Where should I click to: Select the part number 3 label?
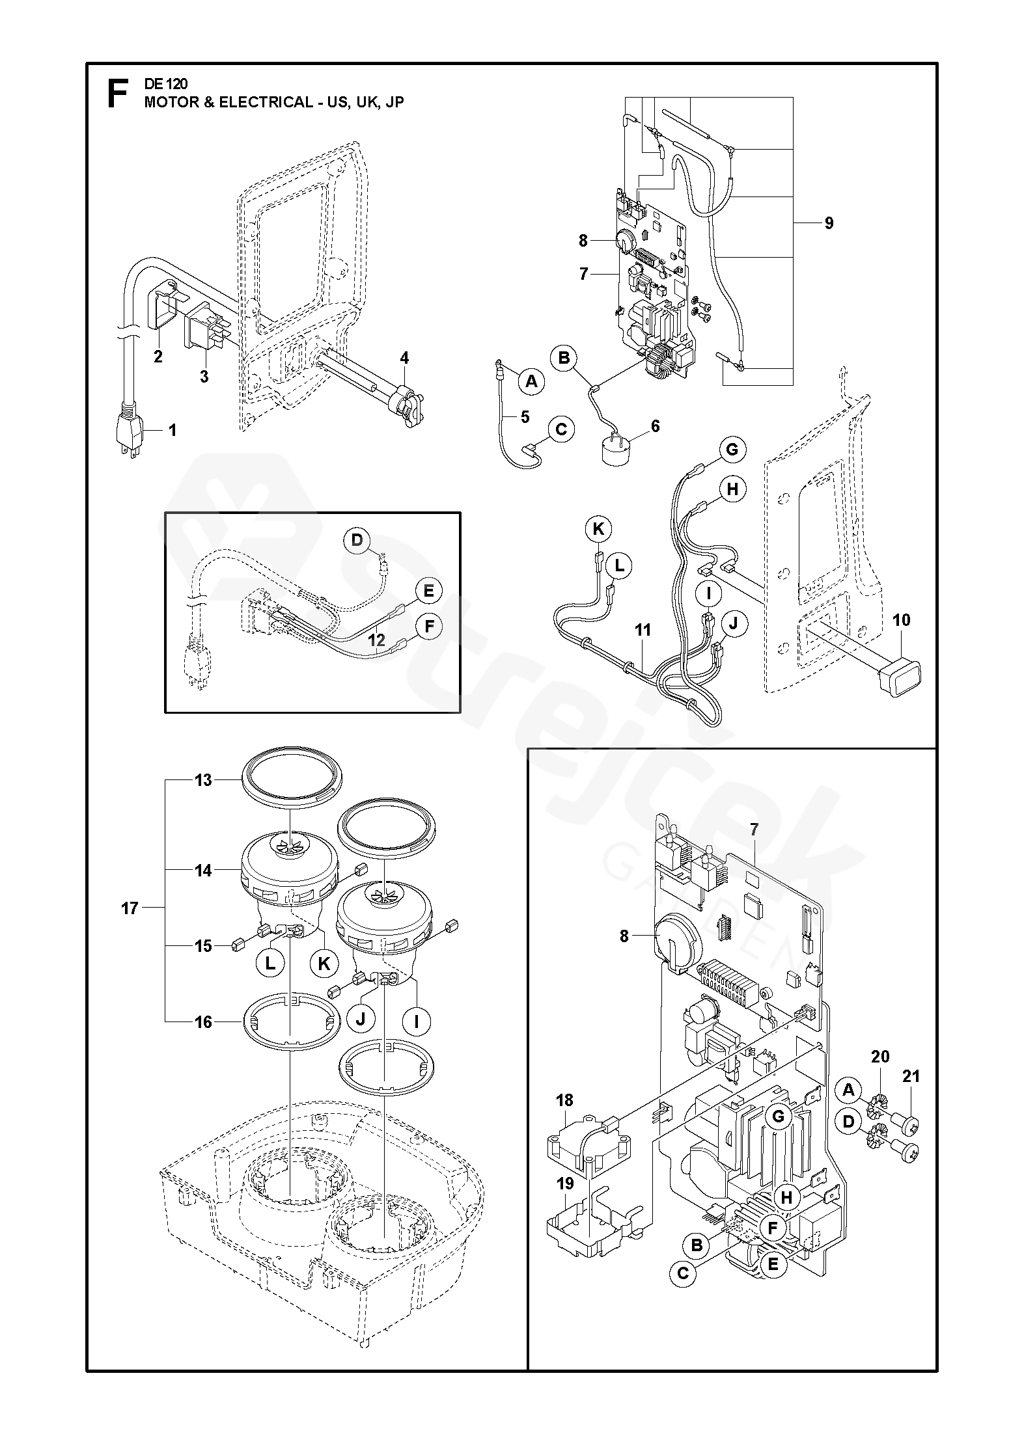point(204,377)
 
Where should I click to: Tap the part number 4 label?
point(404,357)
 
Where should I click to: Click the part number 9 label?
point(829,223)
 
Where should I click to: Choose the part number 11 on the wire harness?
point(643,630)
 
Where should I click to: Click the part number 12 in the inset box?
point(377,640)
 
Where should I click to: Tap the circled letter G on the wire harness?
point(732,450)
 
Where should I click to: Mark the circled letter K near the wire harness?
point(598,530)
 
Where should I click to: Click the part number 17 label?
point(130,908)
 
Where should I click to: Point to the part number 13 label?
point(204,779)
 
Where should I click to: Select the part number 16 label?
point(204,1022)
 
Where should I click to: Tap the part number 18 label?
point(564,1100)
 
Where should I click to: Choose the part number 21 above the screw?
point(911,1077)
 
